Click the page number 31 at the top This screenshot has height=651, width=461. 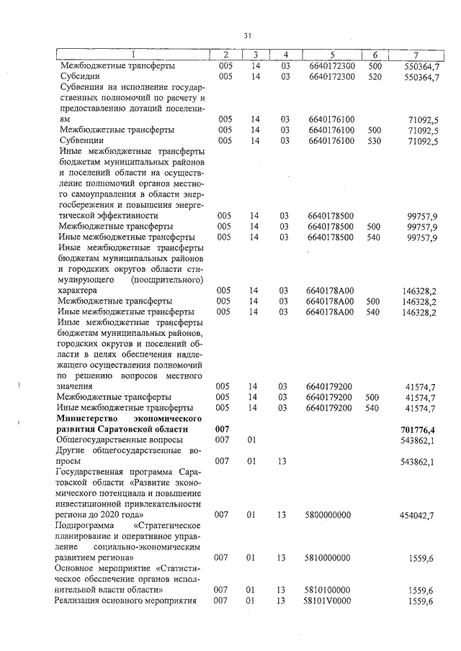pos(247,35)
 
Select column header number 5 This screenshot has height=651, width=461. pos(332,55)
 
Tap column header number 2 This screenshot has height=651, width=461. pos(225,55)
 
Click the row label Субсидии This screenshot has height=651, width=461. pos(79,77)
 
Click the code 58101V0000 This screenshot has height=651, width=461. pos(330,601)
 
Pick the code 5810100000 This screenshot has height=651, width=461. pos(329,590)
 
